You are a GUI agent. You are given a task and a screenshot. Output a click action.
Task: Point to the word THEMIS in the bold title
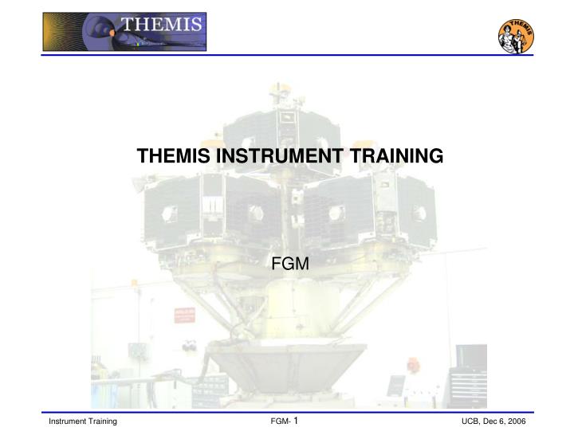tap(171, 158)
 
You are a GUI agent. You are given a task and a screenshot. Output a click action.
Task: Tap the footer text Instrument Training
tap(84, 421)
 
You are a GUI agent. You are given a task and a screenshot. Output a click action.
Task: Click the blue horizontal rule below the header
tap(287, 55)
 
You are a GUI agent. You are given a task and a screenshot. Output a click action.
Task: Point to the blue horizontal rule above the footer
tap(287, 411)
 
